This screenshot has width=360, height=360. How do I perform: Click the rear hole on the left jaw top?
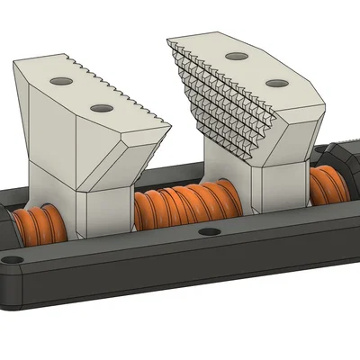(64, 82)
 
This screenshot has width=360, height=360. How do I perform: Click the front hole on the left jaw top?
(99, 108)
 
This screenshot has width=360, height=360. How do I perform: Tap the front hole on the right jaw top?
(274, 84)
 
